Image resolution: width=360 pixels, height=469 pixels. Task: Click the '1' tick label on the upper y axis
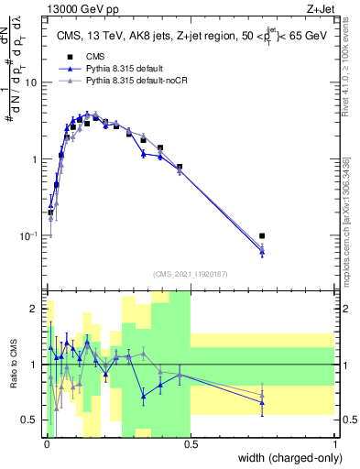(35, 159)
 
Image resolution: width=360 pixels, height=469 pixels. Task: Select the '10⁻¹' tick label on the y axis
(29, 235)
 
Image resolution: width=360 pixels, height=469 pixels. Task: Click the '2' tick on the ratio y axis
(34, 309)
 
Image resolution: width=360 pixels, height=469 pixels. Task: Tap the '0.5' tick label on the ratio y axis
(29, 420)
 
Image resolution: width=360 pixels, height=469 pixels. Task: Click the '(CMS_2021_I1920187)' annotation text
(191, 273)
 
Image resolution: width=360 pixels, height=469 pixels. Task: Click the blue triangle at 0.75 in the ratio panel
(262, 402)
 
